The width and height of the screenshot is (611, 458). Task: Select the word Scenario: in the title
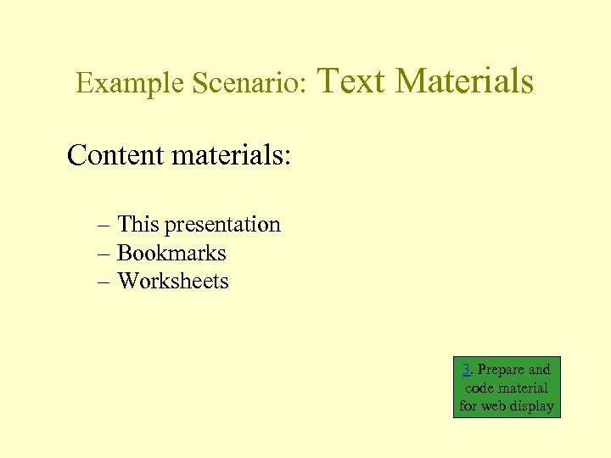tap(249, 83)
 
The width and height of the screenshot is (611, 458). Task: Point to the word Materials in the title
tap(464, 81)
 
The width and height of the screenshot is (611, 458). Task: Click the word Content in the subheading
tap(115, 155)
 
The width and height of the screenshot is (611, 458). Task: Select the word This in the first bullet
tap(138, 225)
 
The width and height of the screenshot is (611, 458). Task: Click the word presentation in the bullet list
tap(222, 226)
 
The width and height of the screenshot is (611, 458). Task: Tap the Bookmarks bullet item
tap(171, 254)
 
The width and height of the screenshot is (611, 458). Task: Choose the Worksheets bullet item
tap(173, 282)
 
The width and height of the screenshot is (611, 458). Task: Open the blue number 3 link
tap(467, 369)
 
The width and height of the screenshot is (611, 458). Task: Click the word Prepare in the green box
tap(502, 370)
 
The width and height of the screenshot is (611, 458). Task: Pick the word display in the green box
tap(534, 406)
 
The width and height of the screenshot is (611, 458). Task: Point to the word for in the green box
tap(468, 406)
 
